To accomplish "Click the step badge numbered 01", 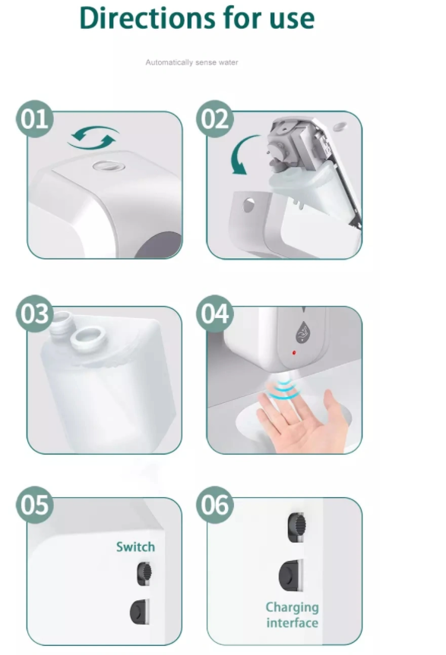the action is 35,118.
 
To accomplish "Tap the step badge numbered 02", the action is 215,118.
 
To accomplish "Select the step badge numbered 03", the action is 35,313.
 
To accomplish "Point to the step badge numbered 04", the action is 215,313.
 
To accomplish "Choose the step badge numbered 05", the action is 35,505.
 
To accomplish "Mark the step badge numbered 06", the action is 215,505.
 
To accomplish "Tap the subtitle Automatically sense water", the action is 192,62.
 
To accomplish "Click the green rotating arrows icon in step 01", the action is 93,138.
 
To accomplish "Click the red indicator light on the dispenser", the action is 294,353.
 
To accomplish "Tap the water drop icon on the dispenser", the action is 302,332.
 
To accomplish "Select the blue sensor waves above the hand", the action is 286,388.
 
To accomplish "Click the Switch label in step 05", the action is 135,546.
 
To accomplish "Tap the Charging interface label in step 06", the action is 293,615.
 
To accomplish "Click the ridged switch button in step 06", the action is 296,527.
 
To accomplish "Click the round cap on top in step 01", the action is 109,166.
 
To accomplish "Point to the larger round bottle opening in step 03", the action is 88,338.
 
